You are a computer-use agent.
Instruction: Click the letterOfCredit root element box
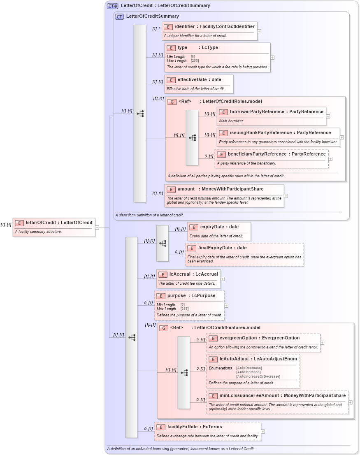(54, 227)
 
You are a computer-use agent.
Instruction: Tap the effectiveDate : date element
(199, 80)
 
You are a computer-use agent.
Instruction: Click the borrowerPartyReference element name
(257, 112)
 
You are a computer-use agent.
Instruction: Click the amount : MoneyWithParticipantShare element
(221, 189)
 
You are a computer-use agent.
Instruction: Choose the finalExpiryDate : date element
(222, 248)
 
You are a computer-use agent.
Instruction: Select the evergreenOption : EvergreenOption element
(260, 338)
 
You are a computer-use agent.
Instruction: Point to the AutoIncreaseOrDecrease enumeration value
(258, 376)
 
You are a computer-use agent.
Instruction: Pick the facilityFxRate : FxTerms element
(195, 427)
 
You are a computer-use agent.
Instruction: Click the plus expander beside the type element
(272, 58)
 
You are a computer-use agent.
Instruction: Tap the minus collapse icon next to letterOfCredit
(97, 227)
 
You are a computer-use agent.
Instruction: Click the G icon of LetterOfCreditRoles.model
(172, 102)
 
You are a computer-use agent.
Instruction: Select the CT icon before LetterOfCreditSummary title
(119, 16)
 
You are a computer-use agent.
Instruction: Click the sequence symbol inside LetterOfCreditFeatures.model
(184, 373)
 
